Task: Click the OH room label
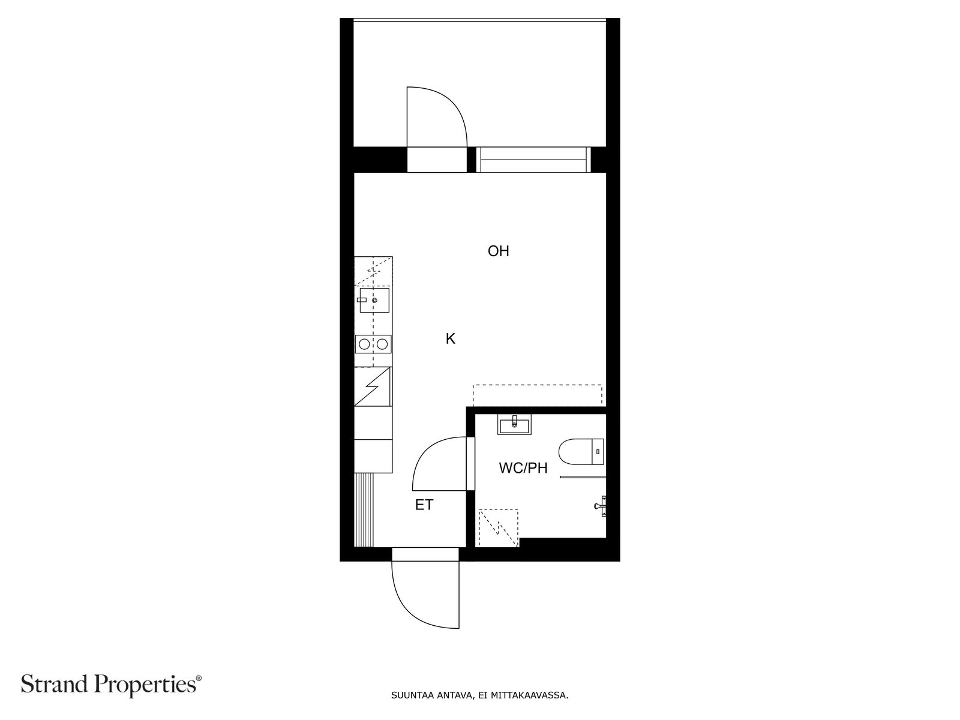pyautogui.click(x=498, y=251)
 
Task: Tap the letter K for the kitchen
pyautogui.click(x=451, y=339)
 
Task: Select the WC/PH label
pyautogui.click(x=523, y=468)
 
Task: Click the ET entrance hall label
pyautogui.click(x=424, y=505)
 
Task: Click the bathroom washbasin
pyautogui.click(x=514, y=425)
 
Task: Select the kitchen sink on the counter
pyautogui.click(x=374, y=300)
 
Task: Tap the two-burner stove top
pyautogui.click(x=373, y=344)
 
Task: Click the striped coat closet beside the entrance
pyautogui.click(x=364, y=509)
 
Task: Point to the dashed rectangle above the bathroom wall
pyautogui.click(x=537, y=395)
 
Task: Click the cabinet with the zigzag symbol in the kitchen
pyautogui.click(x=373, y=387)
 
